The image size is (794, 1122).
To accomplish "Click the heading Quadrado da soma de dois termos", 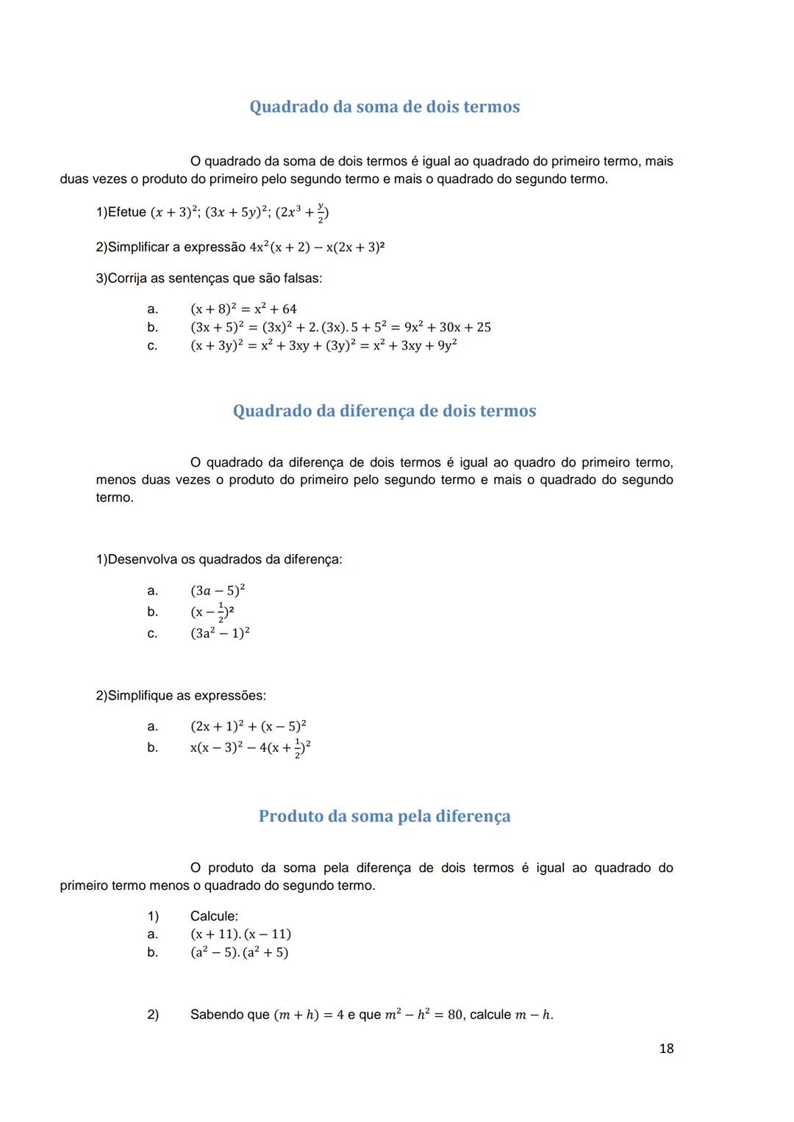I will pos(385,107).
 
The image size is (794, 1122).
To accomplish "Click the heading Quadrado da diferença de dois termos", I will pos(385,411).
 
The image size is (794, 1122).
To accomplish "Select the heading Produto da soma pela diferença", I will pos(385,816).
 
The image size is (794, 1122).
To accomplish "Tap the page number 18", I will pos(666,1049).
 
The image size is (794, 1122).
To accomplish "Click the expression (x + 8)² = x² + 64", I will pos(243,309).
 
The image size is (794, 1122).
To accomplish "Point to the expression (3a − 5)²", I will pos(218,591).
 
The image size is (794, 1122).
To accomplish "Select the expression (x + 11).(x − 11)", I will pos(240,935).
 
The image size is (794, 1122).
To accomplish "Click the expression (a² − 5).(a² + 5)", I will pos(239,952).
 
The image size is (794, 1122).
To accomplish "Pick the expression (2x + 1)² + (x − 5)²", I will pos(248,727).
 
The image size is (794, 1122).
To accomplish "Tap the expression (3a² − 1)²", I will pos(220,633).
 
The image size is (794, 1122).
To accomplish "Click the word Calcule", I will pos(214,916).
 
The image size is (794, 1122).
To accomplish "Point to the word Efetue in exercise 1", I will pos(126,212).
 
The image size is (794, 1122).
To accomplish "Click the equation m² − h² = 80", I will pos(424,1015).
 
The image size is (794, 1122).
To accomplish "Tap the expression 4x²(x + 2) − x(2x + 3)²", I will pos(317,248).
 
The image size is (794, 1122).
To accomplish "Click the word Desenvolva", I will pos(143,560).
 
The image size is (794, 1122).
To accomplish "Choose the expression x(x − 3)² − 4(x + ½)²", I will pos(250,748).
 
